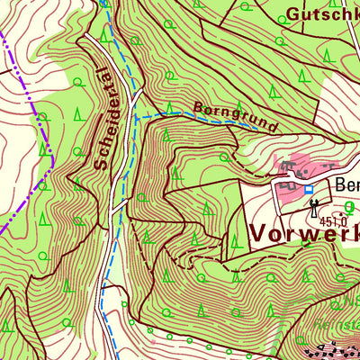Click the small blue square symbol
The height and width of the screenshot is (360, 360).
(309, 190)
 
